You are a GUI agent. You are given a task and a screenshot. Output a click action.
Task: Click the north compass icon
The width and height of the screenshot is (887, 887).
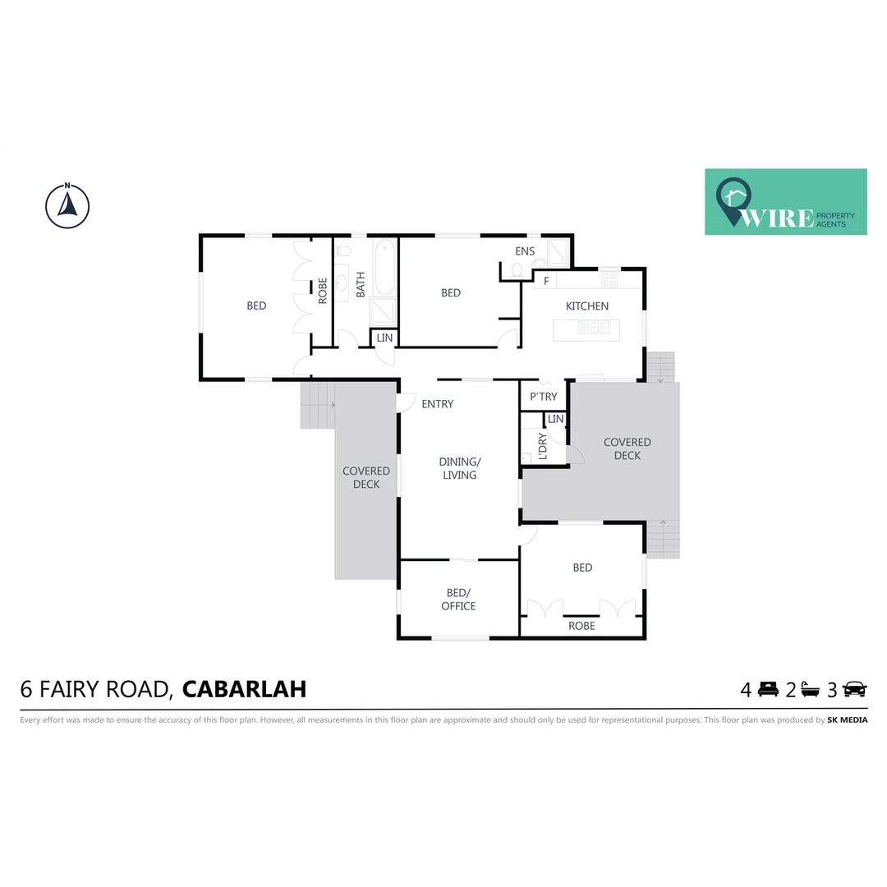[x=67, y=205]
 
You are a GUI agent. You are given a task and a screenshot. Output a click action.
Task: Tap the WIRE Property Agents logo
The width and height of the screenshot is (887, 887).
[x=785, y=202]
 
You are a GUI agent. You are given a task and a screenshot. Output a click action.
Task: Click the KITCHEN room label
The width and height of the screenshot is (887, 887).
[x=587, y=306]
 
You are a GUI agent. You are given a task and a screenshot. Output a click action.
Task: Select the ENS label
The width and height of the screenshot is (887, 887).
[x=525, y=251]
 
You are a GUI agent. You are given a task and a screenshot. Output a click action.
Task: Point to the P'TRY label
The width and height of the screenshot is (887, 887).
[x=543, y=397]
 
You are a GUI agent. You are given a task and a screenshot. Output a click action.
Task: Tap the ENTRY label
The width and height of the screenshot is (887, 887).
[x=437, y=404]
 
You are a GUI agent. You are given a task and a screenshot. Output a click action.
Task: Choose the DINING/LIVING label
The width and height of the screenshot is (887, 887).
[x=459, y=468]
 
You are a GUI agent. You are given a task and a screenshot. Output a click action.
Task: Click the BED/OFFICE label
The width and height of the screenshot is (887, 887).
[x=458, y=600]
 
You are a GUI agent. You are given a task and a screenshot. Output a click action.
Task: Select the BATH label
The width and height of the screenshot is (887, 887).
[x=361, y=284]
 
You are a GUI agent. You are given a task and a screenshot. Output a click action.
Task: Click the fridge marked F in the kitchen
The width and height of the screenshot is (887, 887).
[x=545, y=281]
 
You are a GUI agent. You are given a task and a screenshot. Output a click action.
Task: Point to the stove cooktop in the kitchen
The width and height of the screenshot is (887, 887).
[x=609, y=280]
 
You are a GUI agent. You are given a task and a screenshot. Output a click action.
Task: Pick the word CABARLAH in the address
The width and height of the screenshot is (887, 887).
[x=244, y=688]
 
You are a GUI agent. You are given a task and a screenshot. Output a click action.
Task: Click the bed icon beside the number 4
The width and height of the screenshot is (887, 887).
[x=768, y=690]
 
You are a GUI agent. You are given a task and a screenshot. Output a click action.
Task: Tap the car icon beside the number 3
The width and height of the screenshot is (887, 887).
[x=854, y=690]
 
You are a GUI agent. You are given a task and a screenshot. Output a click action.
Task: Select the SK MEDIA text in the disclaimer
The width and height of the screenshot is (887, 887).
[x=847, y=720]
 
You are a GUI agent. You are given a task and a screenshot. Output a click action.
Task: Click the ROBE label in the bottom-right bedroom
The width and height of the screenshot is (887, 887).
[x=581, y=626]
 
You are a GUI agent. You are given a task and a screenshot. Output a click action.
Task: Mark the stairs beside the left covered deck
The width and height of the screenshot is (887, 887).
[x=318, y=405]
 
